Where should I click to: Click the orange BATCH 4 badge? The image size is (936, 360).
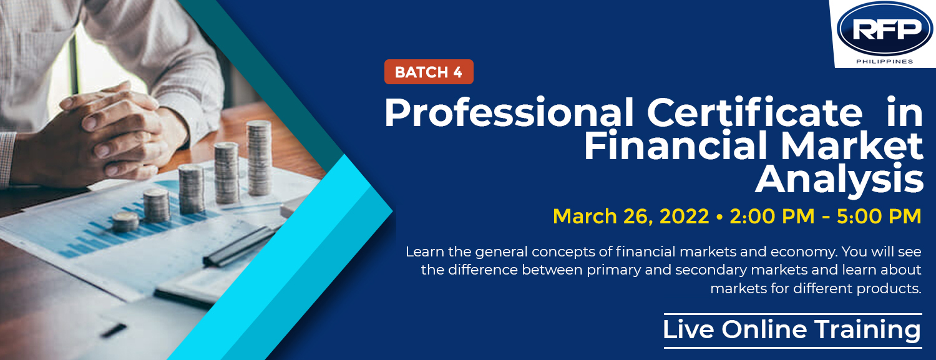(429, 72)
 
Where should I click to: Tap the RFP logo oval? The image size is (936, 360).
(885, 29)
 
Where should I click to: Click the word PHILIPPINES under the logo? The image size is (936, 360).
(885, 61)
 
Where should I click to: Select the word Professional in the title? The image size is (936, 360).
(509, 113)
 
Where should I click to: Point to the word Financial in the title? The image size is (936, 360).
(676, 145)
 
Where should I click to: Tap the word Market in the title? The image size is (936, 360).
(852, 145)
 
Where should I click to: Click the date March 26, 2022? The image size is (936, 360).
(631, 216)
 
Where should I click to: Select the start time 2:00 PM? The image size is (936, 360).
(772, 216)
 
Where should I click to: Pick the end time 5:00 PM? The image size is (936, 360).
(879, 216)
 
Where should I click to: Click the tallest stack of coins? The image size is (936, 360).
(259, 158)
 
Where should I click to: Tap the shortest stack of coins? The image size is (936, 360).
(125, 221)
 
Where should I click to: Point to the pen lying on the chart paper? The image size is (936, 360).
(239, 247)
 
